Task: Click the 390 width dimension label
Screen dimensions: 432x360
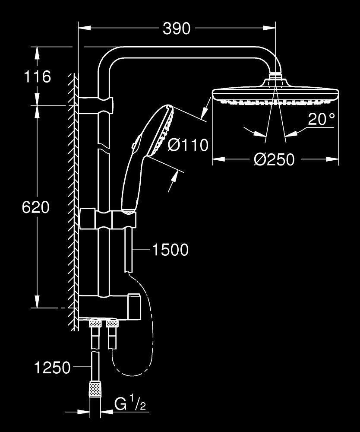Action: pos(176,29)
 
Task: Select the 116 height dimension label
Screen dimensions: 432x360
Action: pos(37,76)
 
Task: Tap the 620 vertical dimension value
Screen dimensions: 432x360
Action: pos(36,207)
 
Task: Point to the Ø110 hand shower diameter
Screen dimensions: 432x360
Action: pos(188,145)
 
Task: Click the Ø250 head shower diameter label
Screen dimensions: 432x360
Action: pos(274,160)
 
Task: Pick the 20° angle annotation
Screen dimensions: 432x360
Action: pos(321,119)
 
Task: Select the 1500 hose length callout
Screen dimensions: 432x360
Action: pos(170,250)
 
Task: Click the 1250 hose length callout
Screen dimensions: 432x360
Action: pos(52,368)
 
